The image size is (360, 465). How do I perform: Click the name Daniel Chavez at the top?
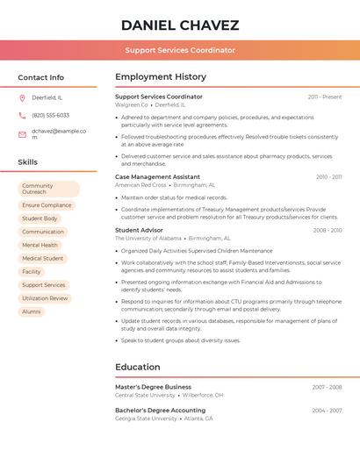coord(180,25)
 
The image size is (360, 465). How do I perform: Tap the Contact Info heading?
coord(41,77)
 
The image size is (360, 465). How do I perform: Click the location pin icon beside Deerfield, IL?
coord(22,97)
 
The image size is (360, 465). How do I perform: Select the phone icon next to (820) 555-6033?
coord(22,115)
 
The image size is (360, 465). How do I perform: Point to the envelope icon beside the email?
coord(22,134)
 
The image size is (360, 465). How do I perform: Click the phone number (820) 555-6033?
coord(50,115)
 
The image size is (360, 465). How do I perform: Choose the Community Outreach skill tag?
coord(48,189)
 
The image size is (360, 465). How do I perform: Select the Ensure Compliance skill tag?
coord(47,205)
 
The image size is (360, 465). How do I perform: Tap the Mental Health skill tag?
coord(40,245)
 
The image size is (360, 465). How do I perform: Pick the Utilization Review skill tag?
coord(45,298)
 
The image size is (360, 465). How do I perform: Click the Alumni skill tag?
coord(32,311)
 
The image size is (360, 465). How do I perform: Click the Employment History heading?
coord(161,77)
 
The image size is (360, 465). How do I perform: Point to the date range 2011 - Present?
coord(324,97)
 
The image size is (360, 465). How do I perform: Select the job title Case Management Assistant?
coord(158,176)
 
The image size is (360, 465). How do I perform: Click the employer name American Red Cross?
coord(140,185)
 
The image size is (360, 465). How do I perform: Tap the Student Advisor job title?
coord(139,230)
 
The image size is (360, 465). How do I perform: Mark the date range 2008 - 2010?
coord(327,230)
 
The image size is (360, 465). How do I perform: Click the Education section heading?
coord(138,367)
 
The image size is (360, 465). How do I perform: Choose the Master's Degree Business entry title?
coord(153,386)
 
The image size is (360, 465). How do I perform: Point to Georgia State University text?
coord(146,418)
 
